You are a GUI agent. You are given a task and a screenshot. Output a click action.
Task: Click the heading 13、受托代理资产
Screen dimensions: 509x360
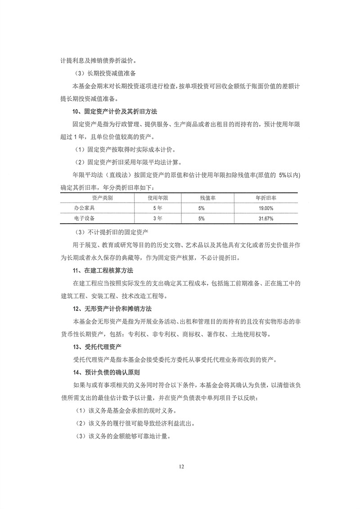point(90,347)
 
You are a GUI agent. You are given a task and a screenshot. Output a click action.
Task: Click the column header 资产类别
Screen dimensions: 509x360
point(102,198)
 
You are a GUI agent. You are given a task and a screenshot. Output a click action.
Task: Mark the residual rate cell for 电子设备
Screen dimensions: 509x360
point(201,219)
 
